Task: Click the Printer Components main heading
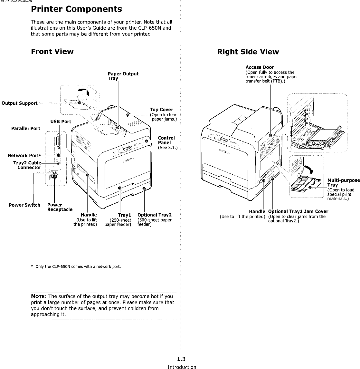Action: pyautogui.click(x=76, y=9)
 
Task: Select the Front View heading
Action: pyautogui.click(x=52, y=52)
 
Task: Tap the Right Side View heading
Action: pyautogui.click(x=248, y=52)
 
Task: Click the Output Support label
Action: pyautogui.click(x=20, y=103)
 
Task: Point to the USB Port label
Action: pyautogui.click(x=61, y=121)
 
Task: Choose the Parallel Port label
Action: pyautogui.click(x=26, y=129)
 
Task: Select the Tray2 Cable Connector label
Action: pyautogui.click(x=27, y=165)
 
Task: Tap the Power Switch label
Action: pyautogui.click(x=24, y=205)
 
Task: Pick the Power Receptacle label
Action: pyautogui.click(x=60, y=207)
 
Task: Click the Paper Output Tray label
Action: pyautogui.click(x=123, y=76)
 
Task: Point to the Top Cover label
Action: pyautogui.click(x=161, y=110)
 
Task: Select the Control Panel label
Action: pyautogui.click(x=166, y=140)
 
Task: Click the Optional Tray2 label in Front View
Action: pyautogui.click(x=155, y=215)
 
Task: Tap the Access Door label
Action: pyautogui.click(x=260, y=67)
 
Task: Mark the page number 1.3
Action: pyautogui.click(x=182, y=359)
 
